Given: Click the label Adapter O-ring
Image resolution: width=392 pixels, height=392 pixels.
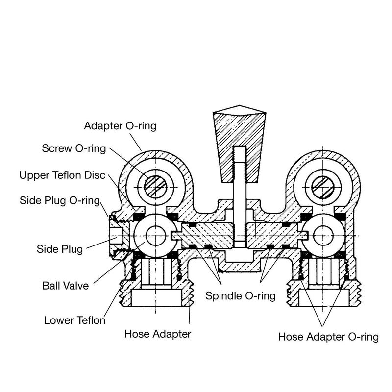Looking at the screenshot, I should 120,126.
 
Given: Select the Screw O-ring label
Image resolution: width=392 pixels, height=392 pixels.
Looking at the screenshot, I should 73,148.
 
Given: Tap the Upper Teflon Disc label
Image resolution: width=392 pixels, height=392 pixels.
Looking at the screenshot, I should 62,175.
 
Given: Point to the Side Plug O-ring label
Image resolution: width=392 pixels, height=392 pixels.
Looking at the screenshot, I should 60,200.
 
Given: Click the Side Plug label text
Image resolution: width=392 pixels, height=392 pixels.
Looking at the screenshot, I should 59,248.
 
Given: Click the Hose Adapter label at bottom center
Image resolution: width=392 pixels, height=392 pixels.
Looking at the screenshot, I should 157,335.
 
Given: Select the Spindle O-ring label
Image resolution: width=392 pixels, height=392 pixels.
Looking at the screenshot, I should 240,296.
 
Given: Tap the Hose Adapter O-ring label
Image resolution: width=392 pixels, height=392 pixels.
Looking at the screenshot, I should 328,337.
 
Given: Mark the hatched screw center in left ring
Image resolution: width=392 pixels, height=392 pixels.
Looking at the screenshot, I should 156,185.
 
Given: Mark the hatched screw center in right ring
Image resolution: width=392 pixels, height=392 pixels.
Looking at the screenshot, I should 323,185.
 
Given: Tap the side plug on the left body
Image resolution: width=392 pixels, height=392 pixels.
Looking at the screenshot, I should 118,236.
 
